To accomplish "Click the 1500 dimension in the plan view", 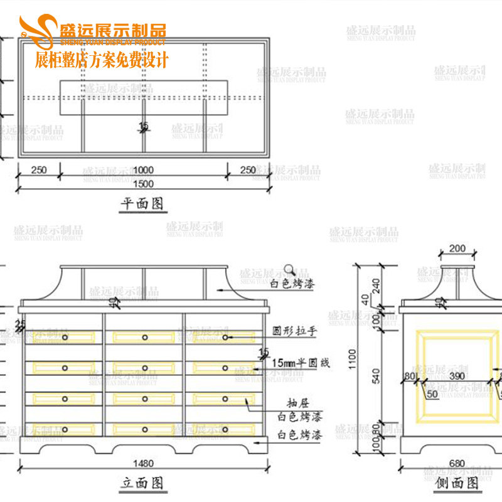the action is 144,183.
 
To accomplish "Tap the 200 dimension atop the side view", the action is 457,249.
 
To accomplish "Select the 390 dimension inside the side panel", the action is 457,375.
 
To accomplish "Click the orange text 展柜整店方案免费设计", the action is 102,61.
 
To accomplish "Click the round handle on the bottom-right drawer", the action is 225,430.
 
